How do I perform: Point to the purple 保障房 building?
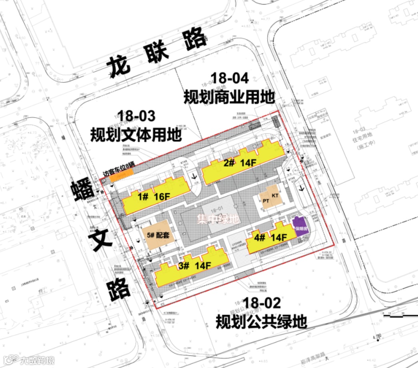pyautogui.click(x=300, y=226)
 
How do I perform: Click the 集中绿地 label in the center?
pyautogui.click(x=218, y=219)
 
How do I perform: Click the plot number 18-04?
pyautogui.click(x=229, y=78)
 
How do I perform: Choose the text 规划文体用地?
pyautogui.click(x=136, y=134)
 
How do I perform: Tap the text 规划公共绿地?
pyautogui.click(x=261, y=321)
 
